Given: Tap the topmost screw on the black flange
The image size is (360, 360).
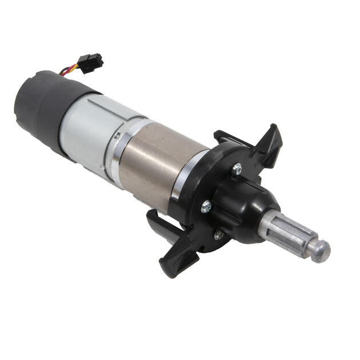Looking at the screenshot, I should pyautogui.click(x=237, y=169).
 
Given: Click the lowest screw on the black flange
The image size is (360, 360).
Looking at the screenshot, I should pyautogui.click(x=218, y=234).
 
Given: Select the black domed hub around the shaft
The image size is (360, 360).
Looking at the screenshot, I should pyautogui.click(x=251, y=206).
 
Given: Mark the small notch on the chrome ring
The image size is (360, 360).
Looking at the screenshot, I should pyautogui.click(x=117, y=135).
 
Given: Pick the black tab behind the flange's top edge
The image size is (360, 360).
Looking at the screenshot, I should pyautogui.click(x=225, y=137).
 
